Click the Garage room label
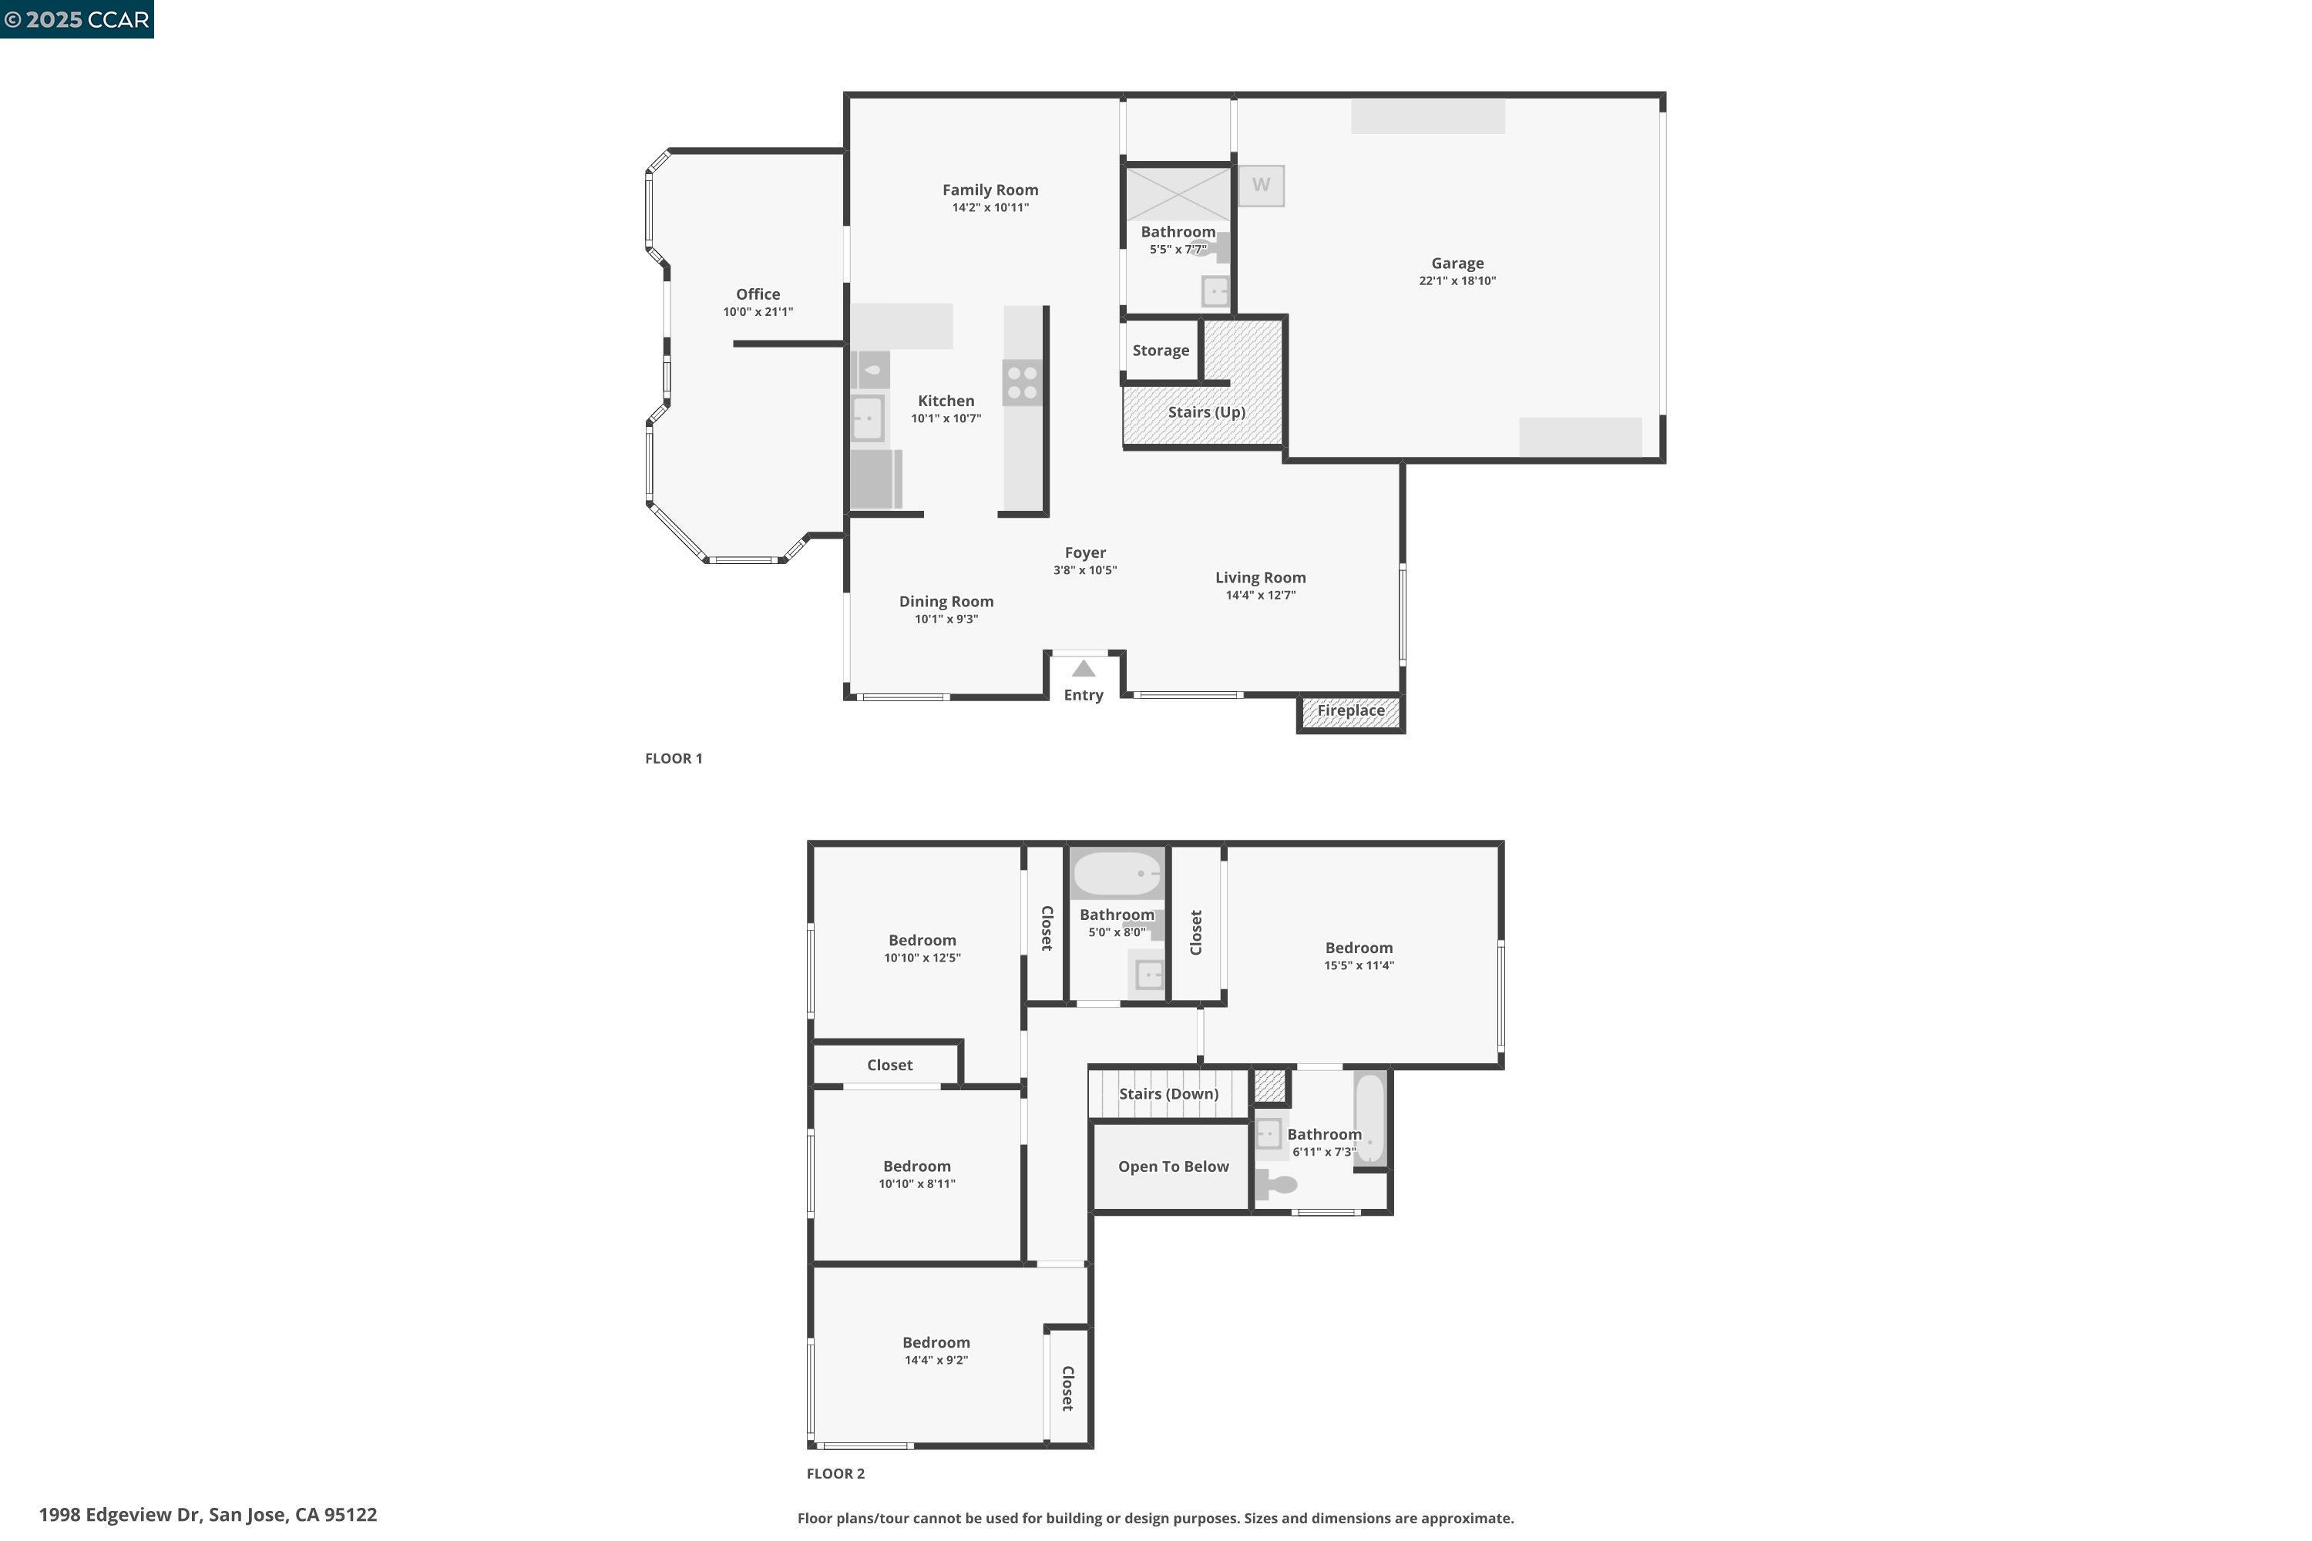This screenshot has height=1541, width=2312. (x=1457, y=264)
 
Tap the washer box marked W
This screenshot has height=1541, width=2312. (x=1260, y=185)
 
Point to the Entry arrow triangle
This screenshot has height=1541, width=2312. (x=1084, y=670)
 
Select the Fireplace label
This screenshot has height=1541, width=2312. (x=1351, y=710)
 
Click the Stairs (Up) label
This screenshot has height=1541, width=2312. (x=1206, y=411)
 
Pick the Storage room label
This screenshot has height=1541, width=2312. (x=1160, y=351)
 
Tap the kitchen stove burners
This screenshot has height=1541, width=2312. (x=1023, y=382)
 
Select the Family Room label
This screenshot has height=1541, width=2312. (x=990, y=190)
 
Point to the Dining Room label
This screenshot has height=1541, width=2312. (x=946, y=602)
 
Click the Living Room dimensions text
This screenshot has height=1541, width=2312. (x=1260, y=596)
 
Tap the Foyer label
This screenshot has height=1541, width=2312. (x=1085, y=553)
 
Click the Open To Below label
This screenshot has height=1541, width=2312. (x=1173, y=1167)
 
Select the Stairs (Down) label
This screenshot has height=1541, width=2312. (x=1168, y=1094)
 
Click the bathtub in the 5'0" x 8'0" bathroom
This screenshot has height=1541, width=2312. (x=1117, y=873)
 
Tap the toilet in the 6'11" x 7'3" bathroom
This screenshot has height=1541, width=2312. (x=1278, y=1184)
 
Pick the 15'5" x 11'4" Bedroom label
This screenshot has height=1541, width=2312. (x=1359, y=948)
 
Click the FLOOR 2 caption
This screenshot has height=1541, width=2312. (x=835, y=1473)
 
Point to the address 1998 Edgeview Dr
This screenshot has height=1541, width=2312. (x=207, y=1515)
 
